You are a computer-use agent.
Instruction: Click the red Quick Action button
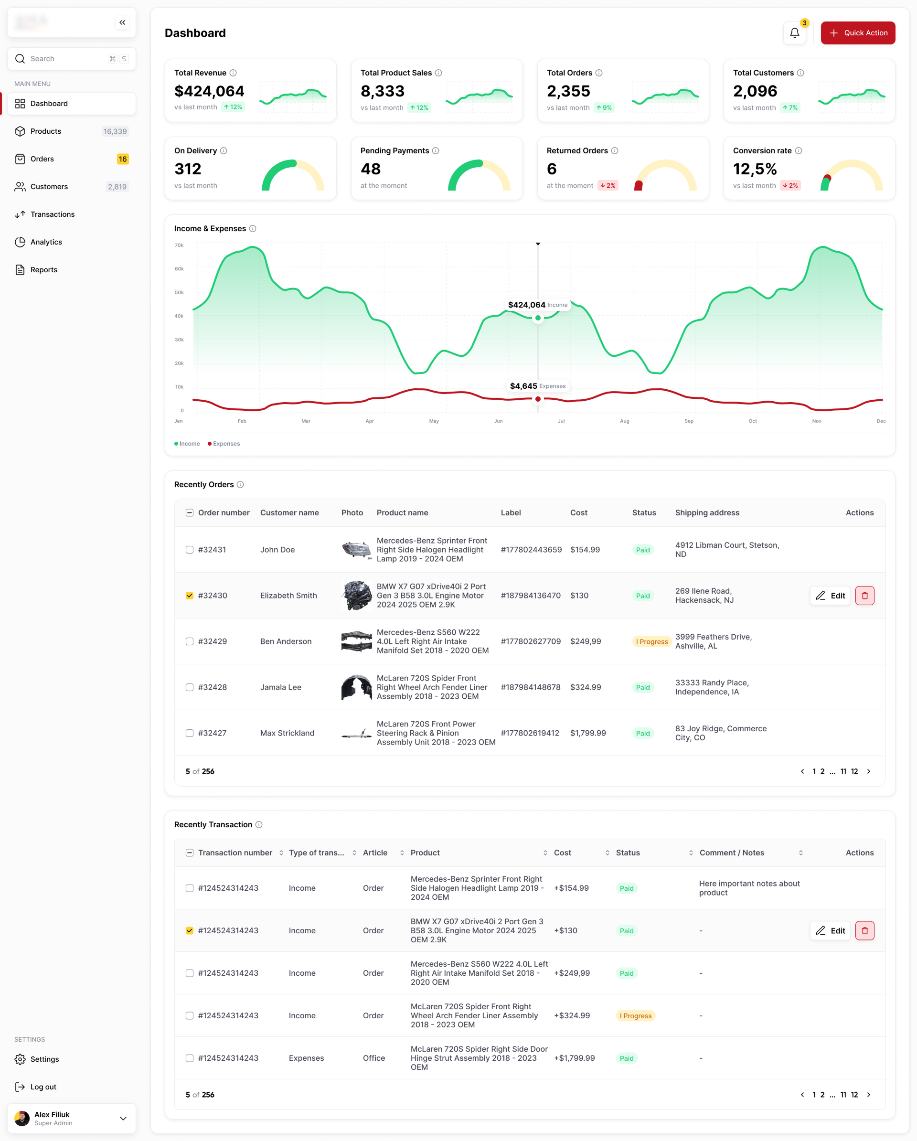(x=857, y=33)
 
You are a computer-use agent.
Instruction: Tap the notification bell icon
(x=794, y=33)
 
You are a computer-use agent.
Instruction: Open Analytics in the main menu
(x=46, y=242)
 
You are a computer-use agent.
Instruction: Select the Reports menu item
(x=43, y=269)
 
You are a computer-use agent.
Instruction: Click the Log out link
(x=43, y=1087)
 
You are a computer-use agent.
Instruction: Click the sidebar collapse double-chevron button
(x=122, y=22)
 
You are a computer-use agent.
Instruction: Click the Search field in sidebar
(x=64, y=59)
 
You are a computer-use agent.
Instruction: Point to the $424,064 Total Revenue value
(x=209, y=91)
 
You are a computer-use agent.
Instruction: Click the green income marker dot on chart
(x=538, y=318)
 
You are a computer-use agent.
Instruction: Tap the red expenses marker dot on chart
(x=538, y=399)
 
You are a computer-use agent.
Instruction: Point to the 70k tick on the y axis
(x=180, y=245)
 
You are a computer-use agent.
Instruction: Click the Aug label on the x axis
(x=624, y=421)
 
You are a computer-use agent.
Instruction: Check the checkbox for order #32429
(x=190, y=641)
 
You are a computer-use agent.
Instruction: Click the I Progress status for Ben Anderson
(x=651, y=641)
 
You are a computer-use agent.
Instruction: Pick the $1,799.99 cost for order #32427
(x=588, y=733)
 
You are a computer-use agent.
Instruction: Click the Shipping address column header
(x=707, y=512)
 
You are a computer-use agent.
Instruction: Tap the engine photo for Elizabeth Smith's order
(x=357, y=596)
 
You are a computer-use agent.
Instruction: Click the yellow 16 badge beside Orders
(x=123, y=159)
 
